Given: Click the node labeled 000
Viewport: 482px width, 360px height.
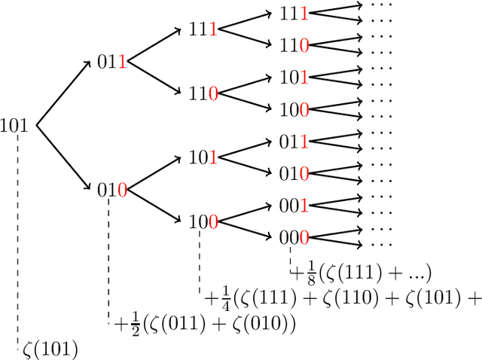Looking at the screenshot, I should [x=294, y=238].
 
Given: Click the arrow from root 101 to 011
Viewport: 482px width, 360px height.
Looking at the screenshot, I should [x=62, y=93].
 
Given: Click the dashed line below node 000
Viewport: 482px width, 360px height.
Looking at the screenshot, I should [x=291, y=258].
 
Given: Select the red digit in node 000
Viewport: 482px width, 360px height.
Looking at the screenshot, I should [x=304, y=238].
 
